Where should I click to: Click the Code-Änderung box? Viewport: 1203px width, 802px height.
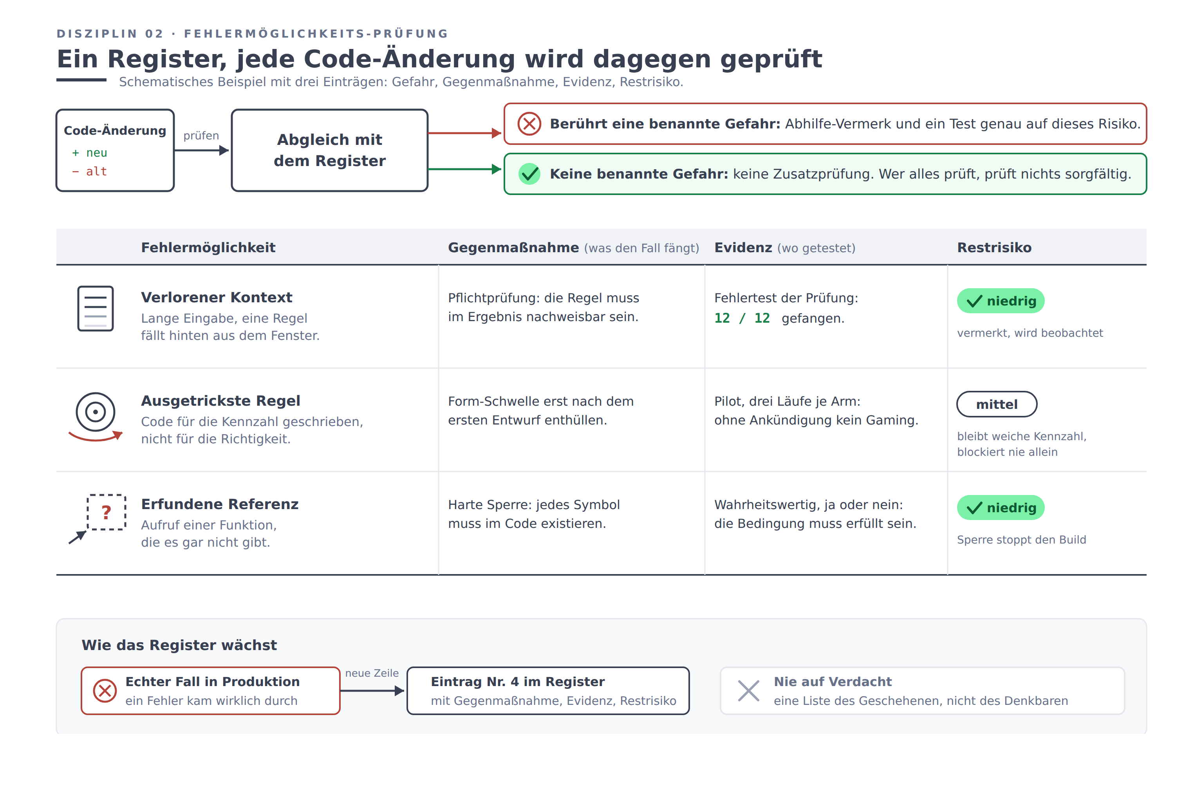point(115,150)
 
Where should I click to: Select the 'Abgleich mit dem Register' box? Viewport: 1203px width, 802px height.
point(329,150)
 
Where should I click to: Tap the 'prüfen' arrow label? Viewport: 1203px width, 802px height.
point(201,135)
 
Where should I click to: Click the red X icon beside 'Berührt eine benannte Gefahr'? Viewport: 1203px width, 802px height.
point(529,124)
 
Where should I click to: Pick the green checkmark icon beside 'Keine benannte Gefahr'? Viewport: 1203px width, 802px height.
point(529,174)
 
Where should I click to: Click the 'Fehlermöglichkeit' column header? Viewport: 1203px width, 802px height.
point(208,247)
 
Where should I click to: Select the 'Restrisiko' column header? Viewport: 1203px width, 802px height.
point(994,247)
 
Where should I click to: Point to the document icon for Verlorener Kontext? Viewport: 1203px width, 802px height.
point(96,309)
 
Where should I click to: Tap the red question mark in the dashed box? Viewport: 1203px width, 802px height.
point(107,512)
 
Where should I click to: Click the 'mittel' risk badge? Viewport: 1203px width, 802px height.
point(997,404)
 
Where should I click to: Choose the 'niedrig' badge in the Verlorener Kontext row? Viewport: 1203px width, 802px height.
point(1001,301)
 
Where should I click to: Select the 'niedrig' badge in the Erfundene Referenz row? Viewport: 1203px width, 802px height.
point(1001,508)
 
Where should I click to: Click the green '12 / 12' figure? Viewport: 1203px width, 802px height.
point(742,318)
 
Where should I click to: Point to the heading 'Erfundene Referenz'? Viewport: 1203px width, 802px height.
point(220,504)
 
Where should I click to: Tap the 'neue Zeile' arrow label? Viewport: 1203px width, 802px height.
point(372,673)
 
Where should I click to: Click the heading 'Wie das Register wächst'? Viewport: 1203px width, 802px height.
point(179,645)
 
